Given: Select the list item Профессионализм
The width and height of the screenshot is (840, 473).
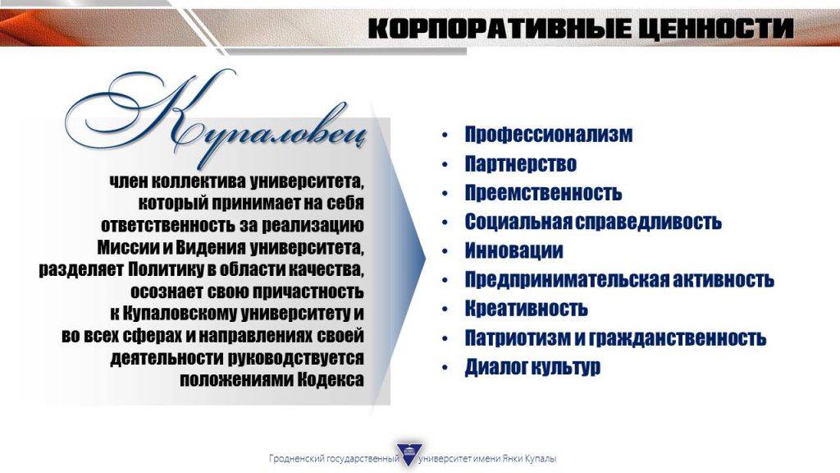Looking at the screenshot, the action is point(549,134).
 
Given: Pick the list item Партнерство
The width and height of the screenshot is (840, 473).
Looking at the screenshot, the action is point(520,163).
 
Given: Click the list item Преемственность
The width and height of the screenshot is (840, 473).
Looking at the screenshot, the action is point(543,192).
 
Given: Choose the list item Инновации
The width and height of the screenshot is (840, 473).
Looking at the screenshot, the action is point(514,250).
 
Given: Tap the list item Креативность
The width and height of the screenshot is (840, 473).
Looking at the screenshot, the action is point(526,309).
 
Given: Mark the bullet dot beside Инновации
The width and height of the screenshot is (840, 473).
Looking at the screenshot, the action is point(445,251).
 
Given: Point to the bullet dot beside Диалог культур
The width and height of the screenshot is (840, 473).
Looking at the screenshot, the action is point(445,367).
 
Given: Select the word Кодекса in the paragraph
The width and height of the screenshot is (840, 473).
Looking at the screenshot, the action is point(331,379).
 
